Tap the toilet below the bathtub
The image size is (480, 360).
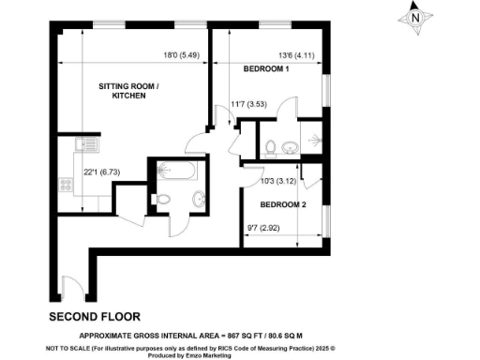coord(164,200)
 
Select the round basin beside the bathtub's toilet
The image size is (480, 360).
coord(199,199)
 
